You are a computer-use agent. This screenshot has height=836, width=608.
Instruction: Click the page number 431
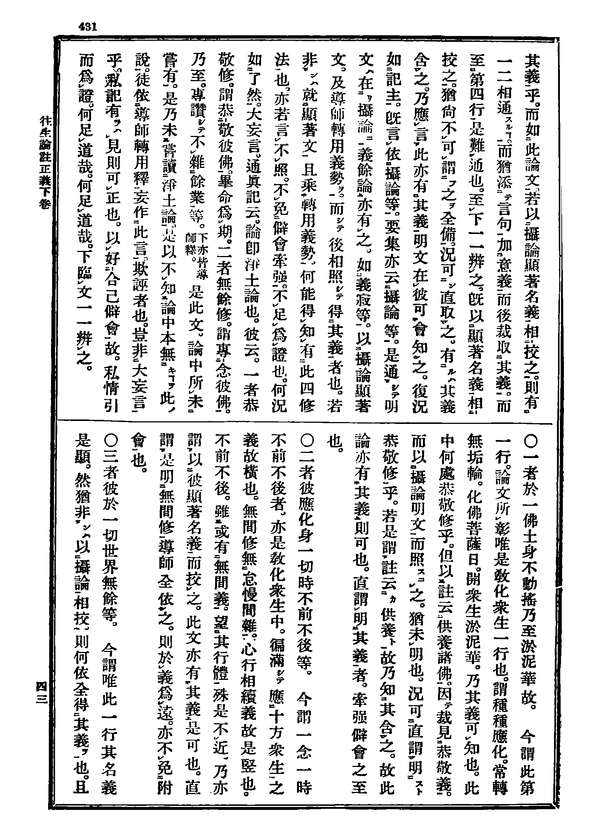(x=87, y=27)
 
